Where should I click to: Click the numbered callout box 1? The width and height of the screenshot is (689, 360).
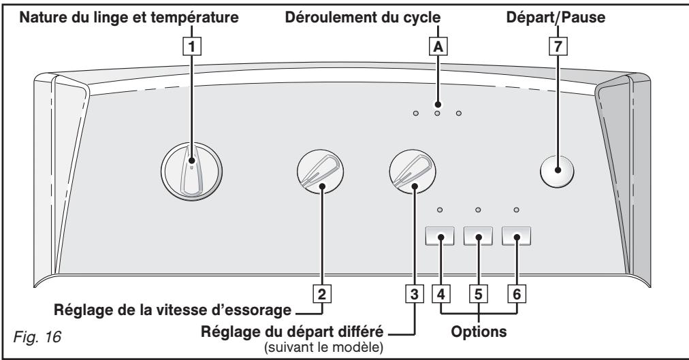[x=191, y=46]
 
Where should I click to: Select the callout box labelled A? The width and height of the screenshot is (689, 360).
[x=438, y=46]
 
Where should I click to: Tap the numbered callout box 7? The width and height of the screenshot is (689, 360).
[x=558, y=46]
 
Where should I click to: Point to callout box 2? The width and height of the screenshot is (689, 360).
[x=322, y=294]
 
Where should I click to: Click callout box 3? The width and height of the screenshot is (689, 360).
[x=415, y=294]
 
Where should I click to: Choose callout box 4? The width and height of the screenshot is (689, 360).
[x=440, y=294]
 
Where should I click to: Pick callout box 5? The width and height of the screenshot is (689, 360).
[x=479, y=294]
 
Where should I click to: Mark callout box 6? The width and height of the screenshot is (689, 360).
[x=517, y=294]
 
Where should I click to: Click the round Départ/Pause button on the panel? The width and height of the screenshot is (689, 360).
[x=557, y=171]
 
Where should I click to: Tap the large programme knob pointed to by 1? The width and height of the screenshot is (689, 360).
[x=191, y=171]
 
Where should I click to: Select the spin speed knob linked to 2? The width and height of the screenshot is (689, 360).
[x=321, y=171]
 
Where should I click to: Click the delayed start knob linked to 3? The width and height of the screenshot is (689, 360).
[x=413, y=171]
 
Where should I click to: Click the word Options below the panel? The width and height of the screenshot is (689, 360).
[x=479, y=331]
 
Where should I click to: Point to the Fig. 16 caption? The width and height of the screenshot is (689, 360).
[x=37, y=337]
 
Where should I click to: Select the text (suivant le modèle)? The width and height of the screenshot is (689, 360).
[x=323, y=347]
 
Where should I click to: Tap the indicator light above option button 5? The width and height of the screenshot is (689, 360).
[x=478, y=210]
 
